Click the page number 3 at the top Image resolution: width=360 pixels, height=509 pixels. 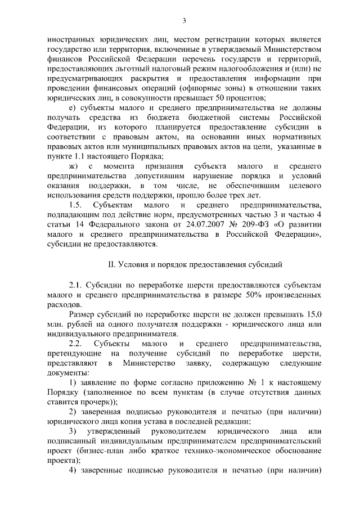pyautogui.click(x=184, y=21)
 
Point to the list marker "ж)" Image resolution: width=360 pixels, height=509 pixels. pyautogui.click(x=74, y=167)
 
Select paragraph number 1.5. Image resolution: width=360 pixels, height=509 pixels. pyautogui.click(x=75, y=206)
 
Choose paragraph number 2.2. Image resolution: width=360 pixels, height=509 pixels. pyautogui.click(x=76, y=344)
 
